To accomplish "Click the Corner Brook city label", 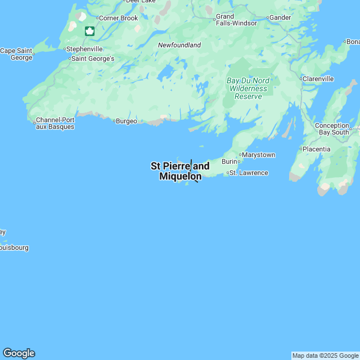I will [x=118, y=18].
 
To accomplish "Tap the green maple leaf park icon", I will [x=89, y=31].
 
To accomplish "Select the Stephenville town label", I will [x=84, y=49].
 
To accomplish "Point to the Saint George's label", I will [x=93, y=58].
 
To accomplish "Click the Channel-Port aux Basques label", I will [x=55, y=123].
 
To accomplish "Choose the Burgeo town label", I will [x=126, y=121].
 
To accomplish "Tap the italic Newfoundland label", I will [x=179, y=45].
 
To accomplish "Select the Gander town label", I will [x=280, y=17].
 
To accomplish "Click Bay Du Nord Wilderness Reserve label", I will [x=248, y=88].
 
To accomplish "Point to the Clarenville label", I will [x=318, y=79].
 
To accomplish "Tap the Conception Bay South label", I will [x=332, y=129].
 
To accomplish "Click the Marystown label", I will [x=258, y=155].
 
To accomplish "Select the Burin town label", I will [x=229, y=161].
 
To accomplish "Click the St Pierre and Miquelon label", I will [x=180, y=171].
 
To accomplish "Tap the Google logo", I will [x=19, y=353].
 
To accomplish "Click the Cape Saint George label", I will [x=16, y=54].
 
